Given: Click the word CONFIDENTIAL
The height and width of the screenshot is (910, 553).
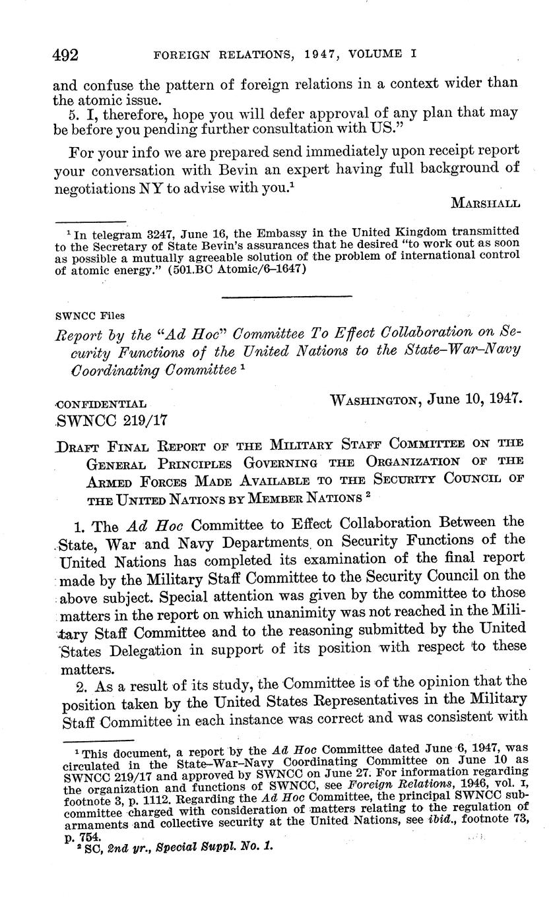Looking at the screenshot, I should [102, 404].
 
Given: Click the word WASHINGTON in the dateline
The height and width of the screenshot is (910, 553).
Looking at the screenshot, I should [375, 400].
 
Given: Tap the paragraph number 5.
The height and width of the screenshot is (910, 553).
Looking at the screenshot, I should [75, 113].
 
